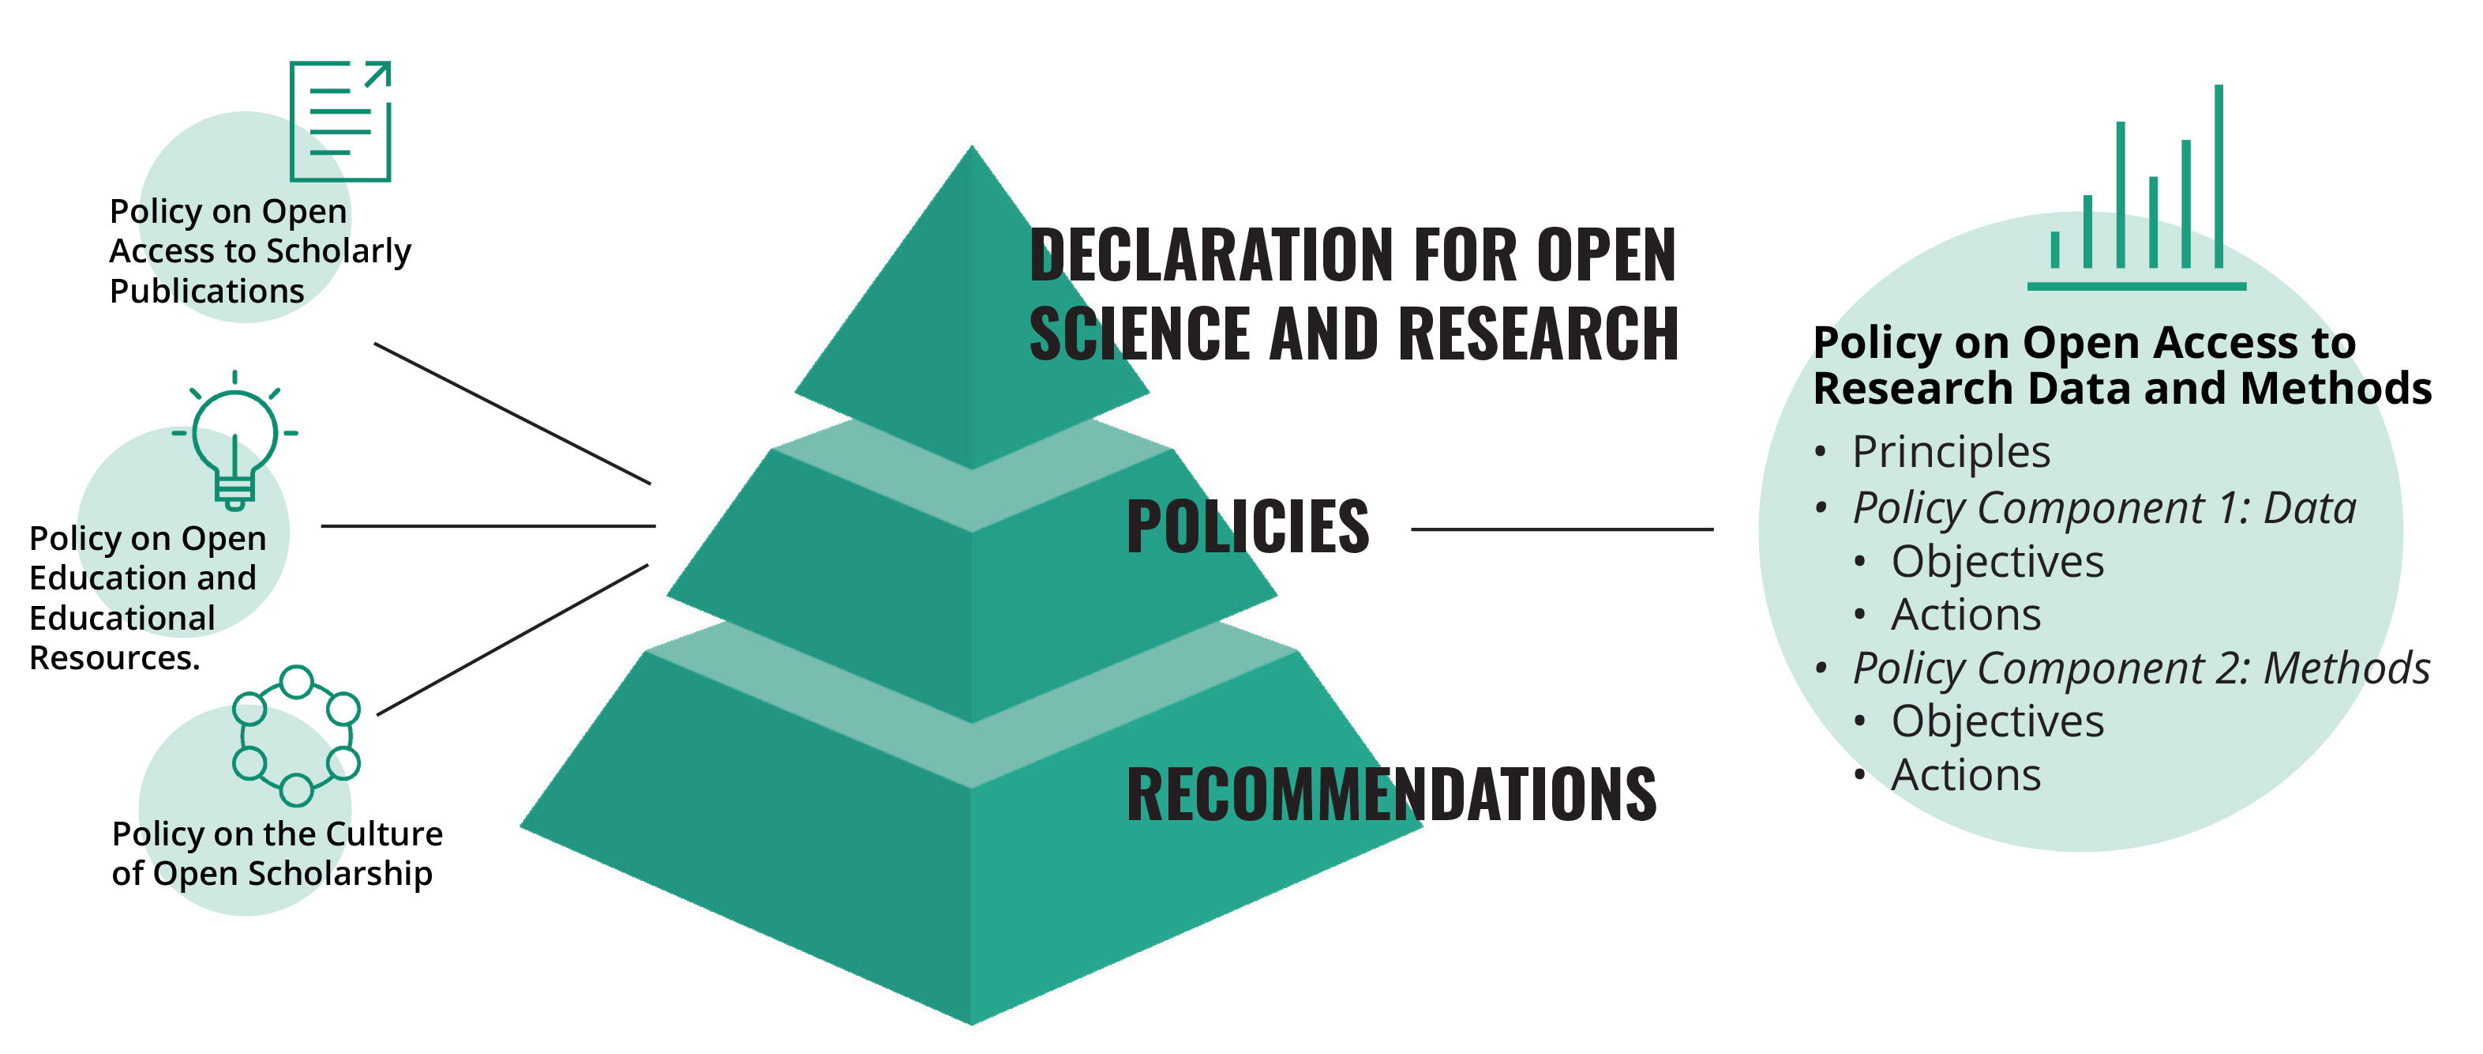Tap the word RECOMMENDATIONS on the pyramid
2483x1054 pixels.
(x=1391, y=795)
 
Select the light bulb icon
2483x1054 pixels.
(x=234, y=441)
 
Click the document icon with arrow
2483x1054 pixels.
(x=340, y=122)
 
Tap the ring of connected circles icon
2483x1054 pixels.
(x=296, y=736)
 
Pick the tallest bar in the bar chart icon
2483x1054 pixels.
(x=2218, y=176)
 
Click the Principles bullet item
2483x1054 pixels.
(x=1951, y=452)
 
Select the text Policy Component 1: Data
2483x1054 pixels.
(x=2103, y=508)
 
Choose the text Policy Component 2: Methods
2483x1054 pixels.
(x=2140, y=668)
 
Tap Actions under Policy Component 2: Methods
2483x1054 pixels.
(x=1965, y=775)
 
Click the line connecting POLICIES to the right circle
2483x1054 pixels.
(x=1562, y=529)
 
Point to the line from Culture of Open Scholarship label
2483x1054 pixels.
(x=512, y=639)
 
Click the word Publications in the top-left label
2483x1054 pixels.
(x=206, y=292)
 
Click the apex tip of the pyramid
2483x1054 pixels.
(x=972, y=150)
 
